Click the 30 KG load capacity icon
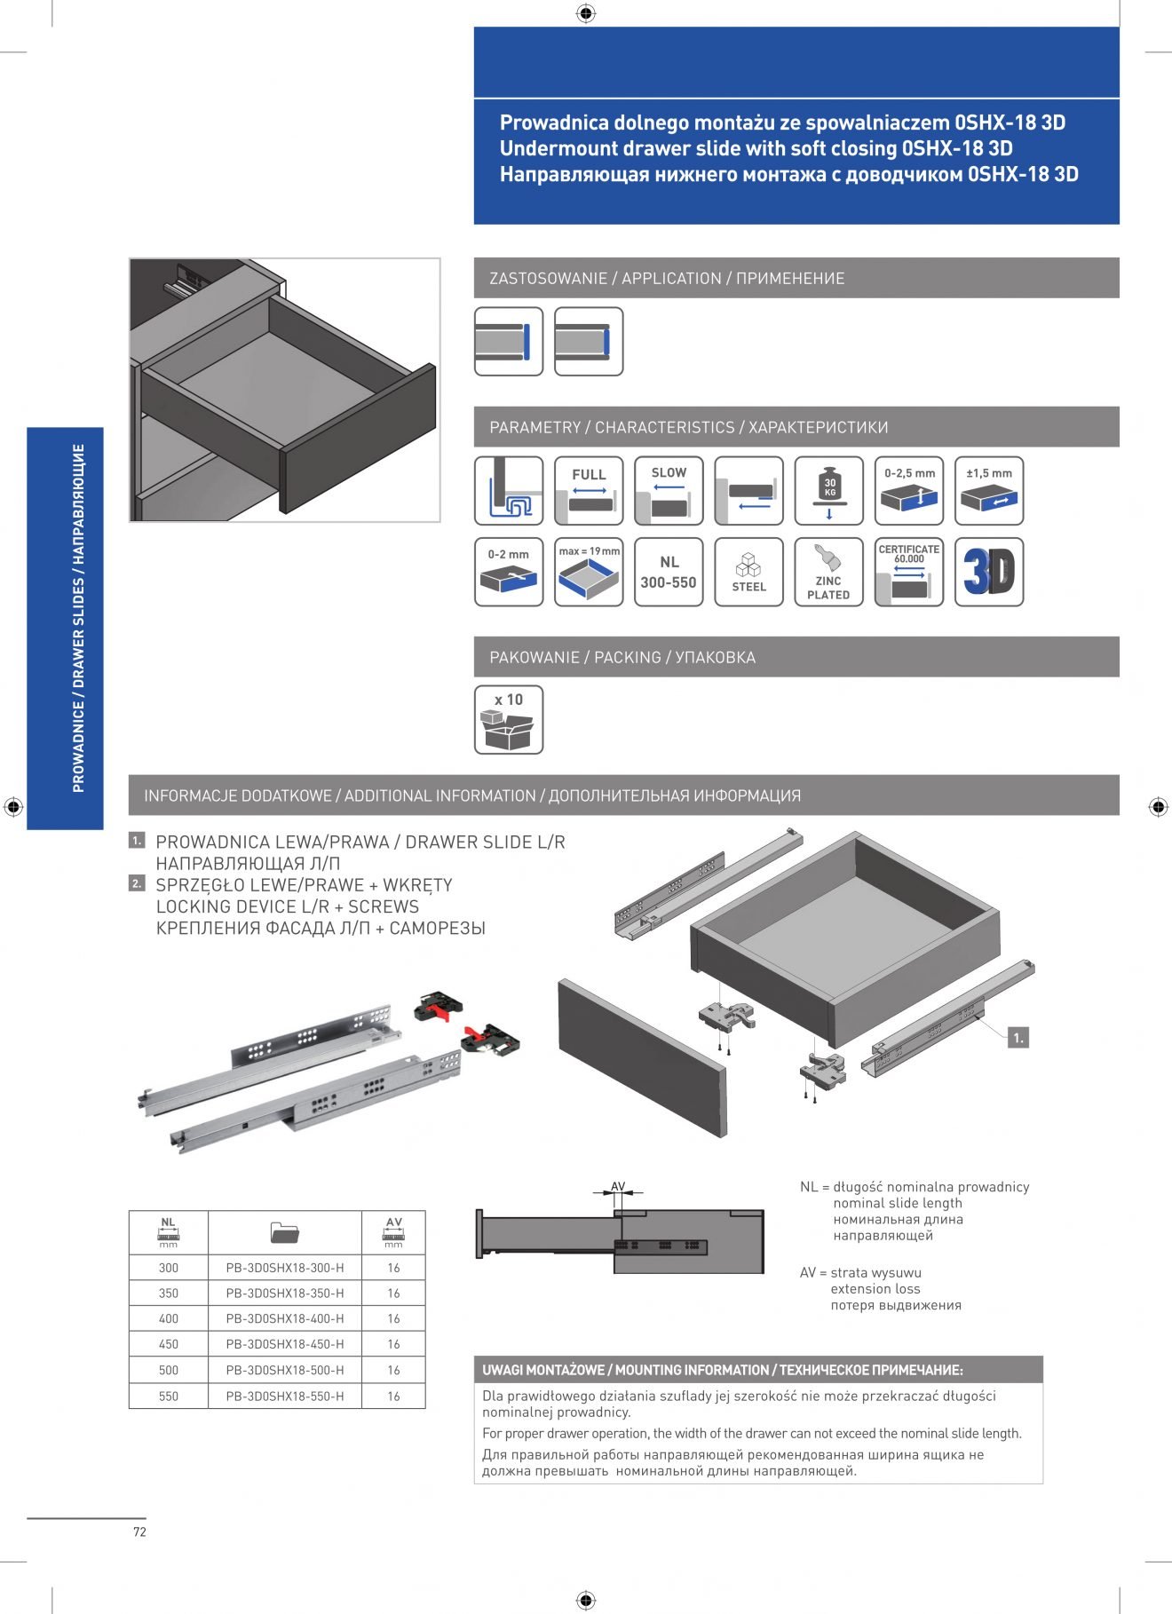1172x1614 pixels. (828, 491)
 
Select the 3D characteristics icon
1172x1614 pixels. (988, 573)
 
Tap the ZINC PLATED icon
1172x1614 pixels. (828, 573)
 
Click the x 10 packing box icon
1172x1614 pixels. (509, 720)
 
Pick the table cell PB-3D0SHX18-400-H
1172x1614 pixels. (284, 1318)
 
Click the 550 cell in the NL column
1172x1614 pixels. (169, 1396)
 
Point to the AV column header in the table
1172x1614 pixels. (393, 1232)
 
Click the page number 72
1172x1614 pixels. (139, 1531)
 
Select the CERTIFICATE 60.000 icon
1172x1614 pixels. (908, 573)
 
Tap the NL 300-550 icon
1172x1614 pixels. (669, 573)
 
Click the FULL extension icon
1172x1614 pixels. (589, 491)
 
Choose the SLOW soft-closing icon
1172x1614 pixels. (669, 491)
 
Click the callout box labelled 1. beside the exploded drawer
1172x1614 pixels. (1018, 1037)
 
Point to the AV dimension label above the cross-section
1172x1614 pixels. (618, 1186)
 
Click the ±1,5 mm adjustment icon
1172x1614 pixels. (988, 491)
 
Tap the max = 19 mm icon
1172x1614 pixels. (589, 573)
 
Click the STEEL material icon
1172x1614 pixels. (748, 573)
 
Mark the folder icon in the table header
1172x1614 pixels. (284, 1232)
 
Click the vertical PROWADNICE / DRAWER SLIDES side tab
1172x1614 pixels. (78, 619)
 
